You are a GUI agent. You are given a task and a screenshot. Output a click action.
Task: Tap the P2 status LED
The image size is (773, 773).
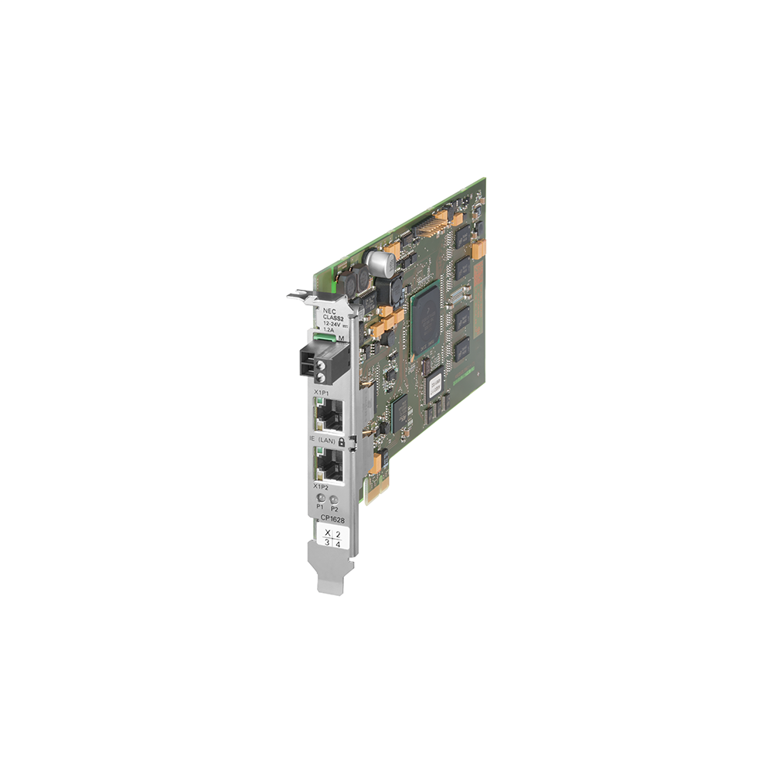[x=334, y=500]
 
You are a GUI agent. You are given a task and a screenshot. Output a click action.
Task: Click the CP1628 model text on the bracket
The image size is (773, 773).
[x=332, y=520]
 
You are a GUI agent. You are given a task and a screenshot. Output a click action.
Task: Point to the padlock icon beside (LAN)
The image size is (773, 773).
[x=341, y=440]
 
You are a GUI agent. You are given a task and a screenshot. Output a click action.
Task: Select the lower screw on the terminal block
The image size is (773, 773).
[x=318, y=375]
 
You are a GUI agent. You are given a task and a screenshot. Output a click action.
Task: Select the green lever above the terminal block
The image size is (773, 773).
[x=325, y=337]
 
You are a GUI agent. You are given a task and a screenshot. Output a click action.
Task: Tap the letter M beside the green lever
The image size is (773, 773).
[x=341, y=337]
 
